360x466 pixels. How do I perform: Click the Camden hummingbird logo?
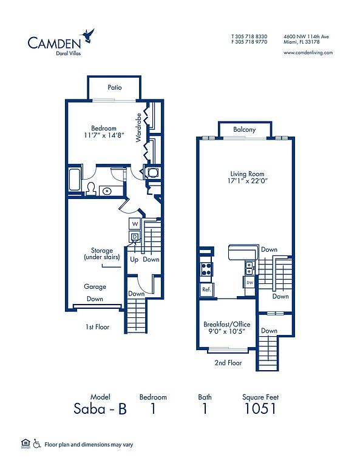pyautogui.click(x=89, y=36)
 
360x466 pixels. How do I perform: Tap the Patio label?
pyautogui.click(x=115, y=87)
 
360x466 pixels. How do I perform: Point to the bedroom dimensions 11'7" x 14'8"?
pyautogui.click(x=104, y=135)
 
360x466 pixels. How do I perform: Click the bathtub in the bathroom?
pyautogui.click(x=74, y=180)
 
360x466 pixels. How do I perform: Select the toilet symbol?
pyautogui.click(x=91, y=188)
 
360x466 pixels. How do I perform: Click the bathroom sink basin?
pyautogui.click(x=107, y=191)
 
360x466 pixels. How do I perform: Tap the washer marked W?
pyautogui.click(x=135, y=224)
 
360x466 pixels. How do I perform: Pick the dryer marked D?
pyautogui.click(x=135, y=237)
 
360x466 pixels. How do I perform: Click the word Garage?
pyautogui.click(x=95, y=287)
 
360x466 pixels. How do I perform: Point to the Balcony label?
pyautogui.click(x=245, y=129)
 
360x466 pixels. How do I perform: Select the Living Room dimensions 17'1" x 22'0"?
pyautogui.click(x=248, y=181)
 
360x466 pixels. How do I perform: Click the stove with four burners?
pyautogui.click(x=206, y=269)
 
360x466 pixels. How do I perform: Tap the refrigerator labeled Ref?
pyautogui.click(x=206, y=289)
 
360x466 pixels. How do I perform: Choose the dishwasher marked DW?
pyautogui.click(x=250, y=283)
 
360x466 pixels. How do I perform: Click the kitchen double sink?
pyautogui.click(x=249, y=268)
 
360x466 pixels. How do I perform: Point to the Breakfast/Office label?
pyautogui.click(x=227, y=324)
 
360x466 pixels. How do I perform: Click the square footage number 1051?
pyautogui.click(x=260, y=408)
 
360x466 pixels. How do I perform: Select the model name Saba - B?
pyautogui.click(x=100, y=408)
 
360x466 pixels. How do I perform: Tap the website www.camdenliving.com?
pyautogui.click(x=308, y=53)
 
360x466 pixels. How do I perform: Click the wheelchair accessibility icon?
pyautogui.click(x=37, y=444)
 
